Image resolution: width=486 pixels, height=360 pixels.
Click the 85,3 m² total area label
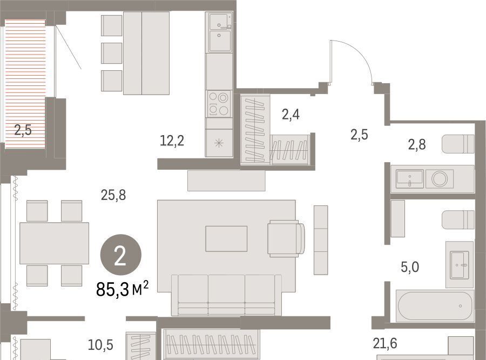123,289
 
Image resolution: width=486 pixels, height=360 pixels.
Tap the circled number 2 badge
120,255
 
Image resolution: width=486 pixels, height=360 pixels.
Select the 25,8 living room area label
113,195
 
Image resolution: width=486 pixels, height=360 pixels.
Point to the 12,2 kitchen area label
172,141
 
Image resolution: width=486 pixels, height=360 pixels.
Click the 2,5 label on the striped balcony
23,130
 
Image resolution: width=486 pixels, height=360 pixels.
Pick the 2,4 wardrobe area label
291,115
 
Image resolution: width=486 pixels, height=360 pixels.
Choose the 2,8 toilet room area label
417,144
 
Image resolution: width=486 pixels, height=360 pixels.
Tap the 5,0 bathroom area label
410,267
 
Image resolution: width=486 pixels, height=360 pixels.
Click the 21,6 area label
385,344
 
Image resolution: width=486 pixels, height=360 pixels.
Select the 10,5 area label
100,345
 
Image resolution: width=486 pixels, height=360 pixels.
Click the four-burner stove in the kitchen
219,104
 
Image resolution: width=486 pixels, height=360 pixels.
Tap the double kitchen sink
220,32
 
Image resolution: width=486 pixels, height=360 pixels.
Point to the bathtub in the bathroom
435,306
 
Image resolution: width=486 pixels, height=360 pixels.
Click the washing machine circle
440,179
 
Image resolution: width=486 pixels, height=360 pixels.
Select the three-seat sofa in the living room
227,295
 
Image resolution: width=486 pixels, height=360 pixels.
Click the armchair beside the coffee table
286,238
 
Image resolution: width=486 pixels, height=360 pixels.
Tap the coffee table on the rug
226,239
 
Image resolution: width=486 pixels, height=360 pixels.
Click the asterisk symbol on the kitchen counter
219,143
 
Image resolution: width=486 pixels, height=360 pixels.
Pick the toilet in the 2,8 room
458,144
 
